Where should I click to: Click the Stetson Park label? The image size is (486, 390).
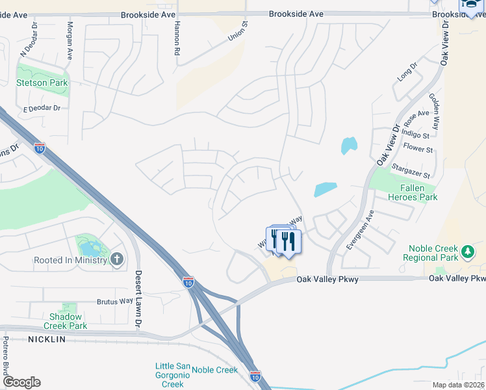tap(42, 83)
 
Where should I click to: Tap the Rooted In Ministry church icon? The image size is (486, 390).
tap(116, 260)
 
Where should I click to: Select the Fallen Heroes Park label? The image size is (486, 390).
tap(409, 192)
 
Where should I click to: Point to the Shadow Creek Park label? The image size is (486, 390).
tap(65, 321)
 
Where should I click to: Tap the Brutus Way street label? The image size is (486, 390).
tap(114, 302)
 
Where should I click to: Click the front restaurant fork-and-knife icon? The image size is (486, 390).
tap(288, 242)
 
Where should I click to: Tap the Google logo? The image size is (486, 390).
tap(21, 382)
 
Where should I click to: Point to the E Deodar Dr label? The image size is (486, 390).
tap(42, 109)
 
